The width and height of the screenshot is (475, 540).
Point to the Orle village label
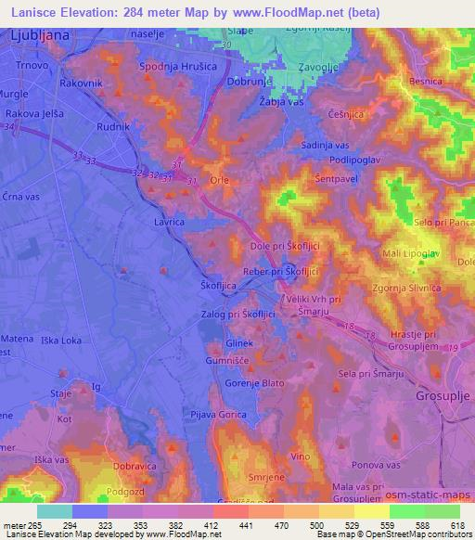tap(220, 180)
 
